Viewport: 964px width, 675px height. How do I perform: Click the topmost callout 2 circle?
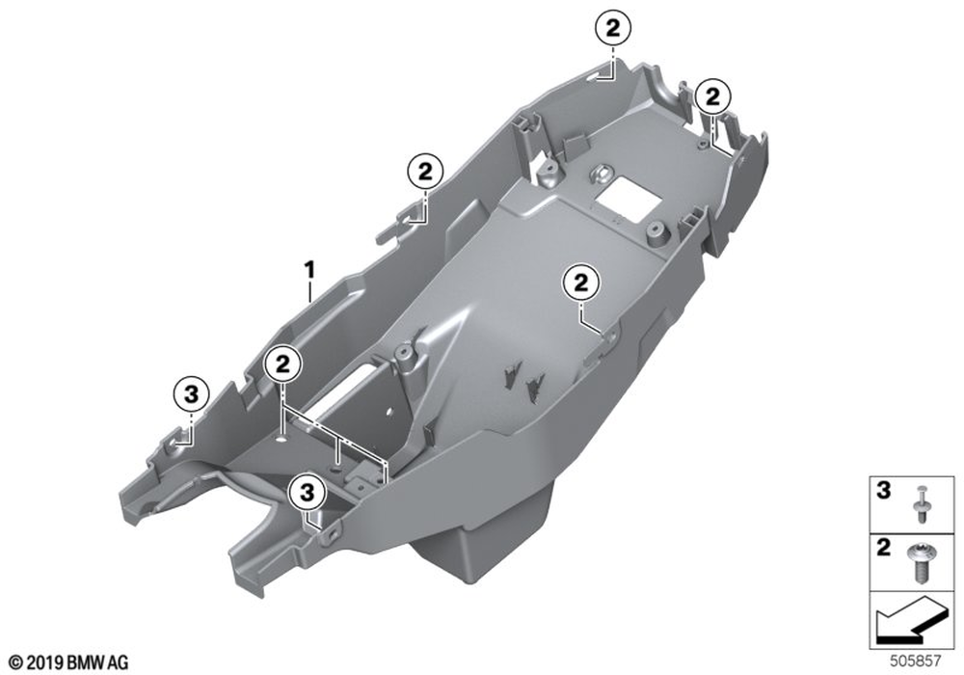(613, 28)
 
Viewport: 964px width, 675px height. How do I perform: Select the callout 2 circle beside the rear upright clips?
(712, 96)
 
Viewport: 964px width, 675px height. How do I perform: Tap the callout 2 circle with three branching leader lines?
(282, 364)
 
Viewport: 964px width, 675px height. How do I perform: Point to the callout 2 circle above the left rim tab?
(425, 172)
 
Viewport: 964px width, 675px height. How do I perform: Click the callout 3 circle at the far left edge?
(191, 393)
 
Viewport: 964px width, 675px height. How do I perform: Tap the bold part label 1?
(310, 270)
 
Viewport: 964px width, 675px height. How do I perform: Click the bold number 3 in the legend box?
(883, 491)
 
